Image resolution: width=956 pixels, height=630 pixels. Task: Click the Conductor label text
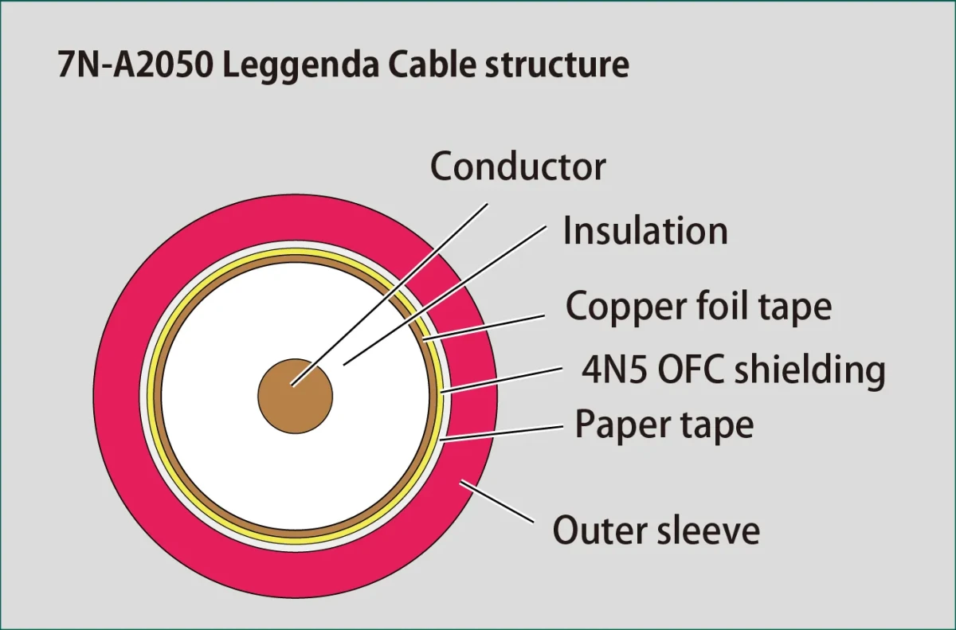coord(518,166)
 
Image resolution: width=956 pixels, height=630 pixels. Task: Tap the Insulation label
coord(645,231)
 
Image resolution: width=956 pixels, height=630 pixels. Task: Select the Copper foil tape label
coord(698,306)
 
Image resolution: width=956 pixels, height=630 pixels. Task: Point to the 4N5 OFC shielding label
coord(734,370)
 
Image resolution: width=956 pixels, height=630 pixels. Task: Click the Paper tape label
coord(664,425)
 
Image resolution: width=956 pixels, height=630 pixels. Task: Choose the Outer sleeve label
coord(656,530)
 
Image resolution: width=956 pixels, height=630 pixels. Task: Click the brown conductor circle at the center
coord(295,396)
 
